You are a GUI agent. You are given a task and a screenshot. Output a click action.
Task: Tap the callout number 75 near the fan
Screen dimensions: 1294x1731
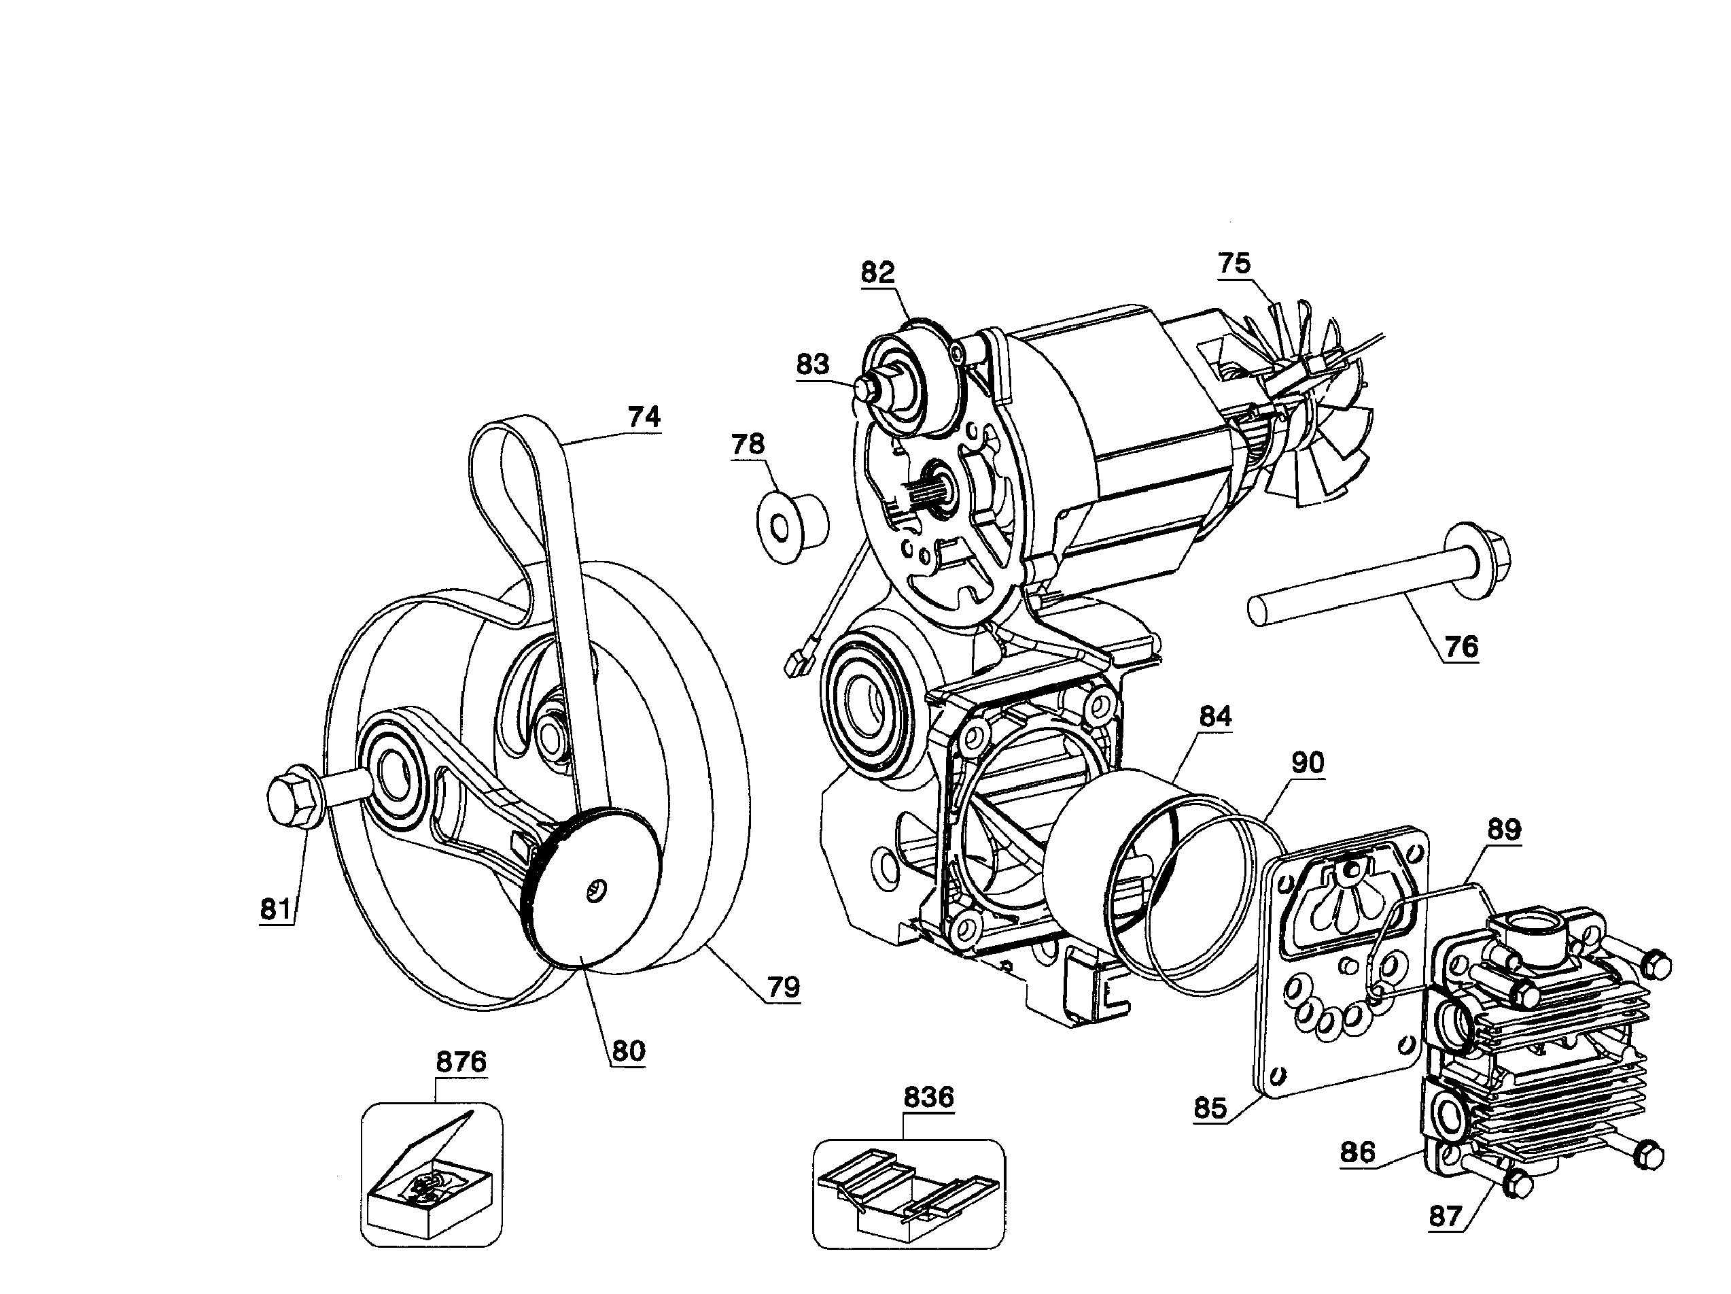tap(1234, 263)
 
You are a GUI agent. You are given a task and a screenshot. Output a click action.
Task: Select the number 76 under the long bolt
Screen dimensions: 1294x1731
tap(1461, 647)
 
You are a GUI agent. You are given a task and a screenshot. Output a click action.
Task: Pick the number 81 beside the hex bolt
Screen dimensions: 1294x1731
tap(275, 910)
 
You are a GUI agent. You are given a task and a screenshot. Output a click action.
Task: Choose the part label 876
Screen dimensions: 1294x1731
tap(461, 1062)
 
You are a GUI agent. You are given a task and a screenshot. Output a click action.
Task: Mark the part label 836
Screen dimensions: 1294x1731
tap(929, 1097)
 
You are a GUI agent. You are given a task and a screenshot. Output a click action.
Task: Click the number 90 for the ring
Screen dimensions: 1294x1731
tap(1307, 762)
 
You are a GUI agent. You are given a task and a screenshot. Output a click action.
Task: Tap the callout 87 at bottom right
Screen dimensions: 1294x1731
tap(1446, 1216)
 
